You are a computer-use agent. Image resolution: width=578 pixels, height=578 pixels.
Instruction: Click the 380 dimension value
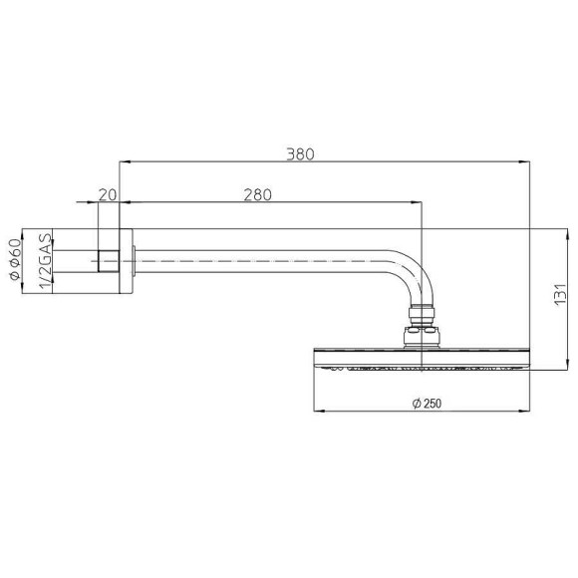(300, 154)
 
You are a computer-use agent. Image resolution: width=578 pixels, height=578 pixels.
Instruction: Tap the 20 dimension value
(108, 194)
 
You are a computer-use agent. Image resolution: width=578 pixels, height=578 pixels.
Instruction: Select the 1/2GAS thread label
(44, 261)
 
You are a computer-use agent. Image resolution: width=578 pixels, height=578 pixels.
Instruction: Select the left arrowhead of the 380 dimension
(123, 161)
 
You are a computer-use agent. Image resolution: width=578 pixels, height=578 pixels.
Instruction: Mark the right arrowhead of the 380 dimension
(526, 161)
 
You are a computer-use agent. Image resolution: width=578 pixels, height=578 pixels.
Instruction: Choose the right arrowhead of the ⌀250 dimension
(525, 410)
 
